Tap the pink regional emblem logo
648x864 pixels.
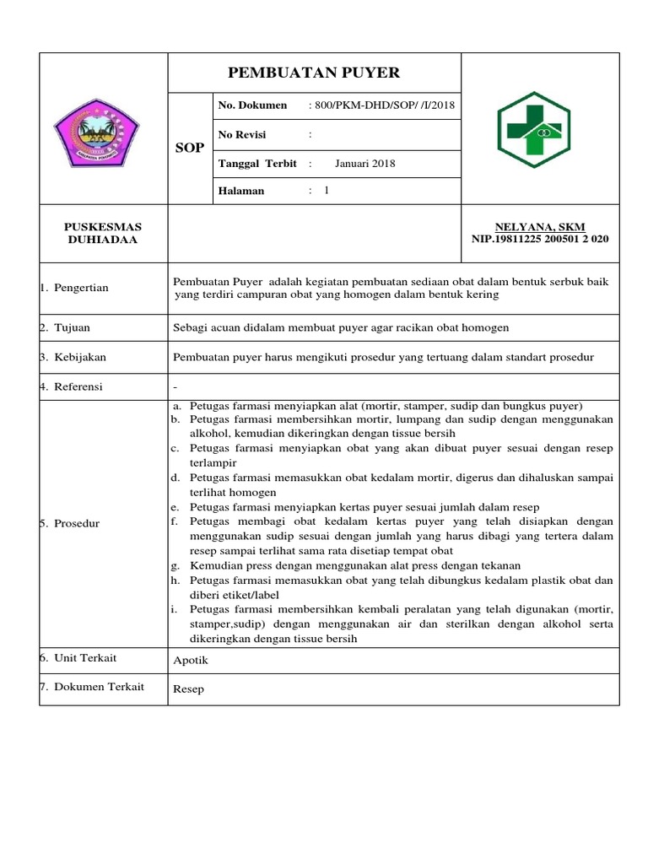coord(104,128)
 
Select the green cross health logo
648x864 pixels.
coord(540,128)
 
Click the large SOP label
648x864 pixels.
coord(189,148)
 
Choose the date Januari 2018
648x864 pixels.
coord(364,164)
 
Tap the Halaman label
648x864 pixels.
coord(241,191)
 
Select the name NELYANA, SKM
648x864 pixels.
coord(540,227)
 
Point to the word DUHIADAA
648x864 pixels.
coord(103,240)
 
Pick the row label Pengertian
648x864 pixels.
coord(81,288)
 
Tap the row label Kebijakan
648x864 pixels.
coord(80,357)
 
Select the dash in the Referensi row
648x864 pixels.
coord(175,387)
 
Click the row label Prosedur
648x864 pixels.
coord(77,523)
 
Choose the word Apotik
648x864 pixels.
coord(190,661)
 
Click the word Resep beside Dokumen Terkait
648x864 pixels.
coord(188,689)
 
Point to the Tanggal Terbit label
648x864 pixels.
coord(257,164)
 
